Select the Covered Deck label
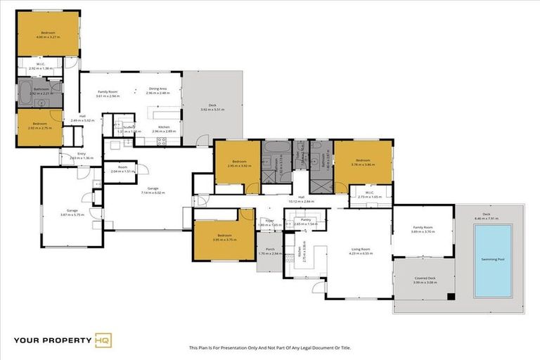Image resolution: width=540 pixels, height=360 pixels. coord(424,278)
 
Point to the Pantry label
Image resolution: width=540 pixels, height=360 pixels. coord(306,220)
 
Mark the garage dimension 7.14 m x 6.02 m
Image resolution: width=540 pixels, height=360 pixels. coord(152,192)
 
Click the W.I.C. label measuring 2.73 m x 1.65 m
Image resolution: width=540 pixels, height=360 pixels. coord(369,196)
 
